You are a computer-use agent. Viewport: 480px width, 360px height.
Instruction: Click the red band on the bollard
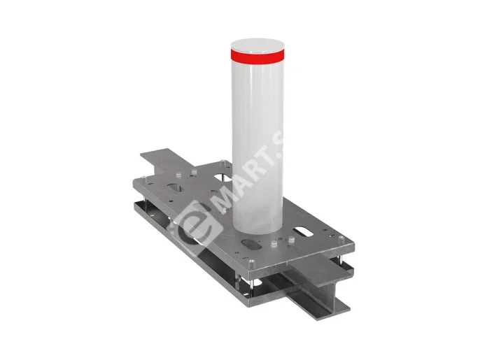(x=257, y=53)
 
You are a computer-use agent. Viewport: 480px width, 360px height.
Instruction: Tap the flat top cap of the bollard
(x=257, y=43)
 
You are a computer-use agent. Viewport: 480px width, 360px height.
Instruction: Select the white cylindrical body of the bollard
(x=257, y=140)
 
